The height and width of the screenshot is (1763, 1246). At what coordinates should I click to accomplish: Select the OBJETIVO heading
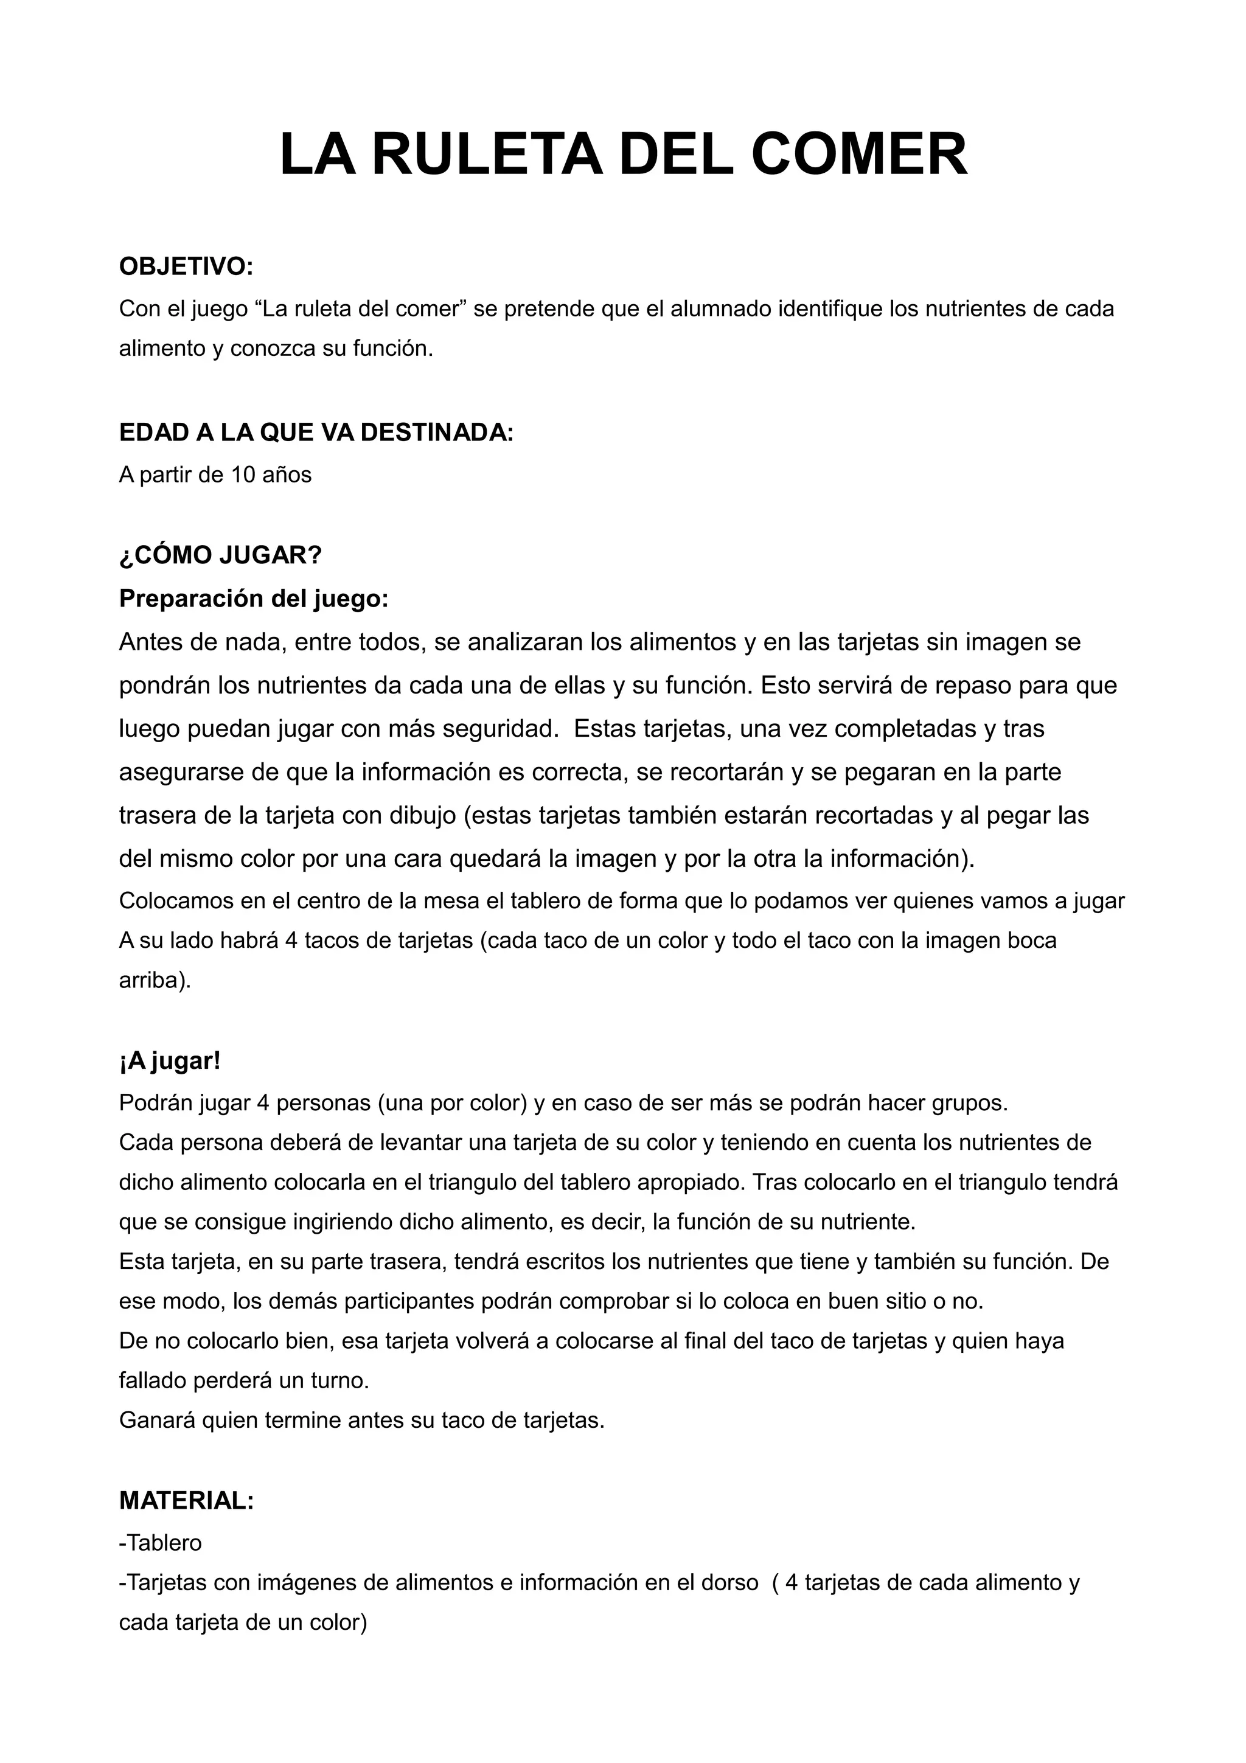(x=186, y=266)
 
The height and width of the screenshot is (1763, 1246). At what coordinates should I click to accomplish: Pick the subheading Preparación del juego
(x=253, y=598)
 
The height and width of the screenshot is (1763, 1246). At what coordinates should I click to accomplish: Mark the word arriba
(x=155, y=981)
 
